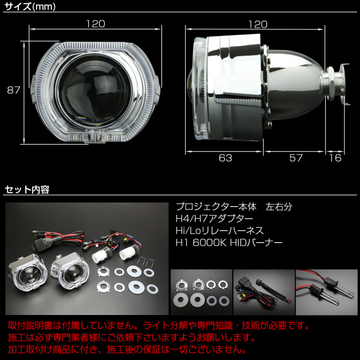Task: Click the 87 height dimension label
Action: [x=13, y=90]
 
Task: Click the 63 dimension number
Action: [x=225, y=158]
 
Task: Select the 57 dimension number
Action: [x=296, y=158]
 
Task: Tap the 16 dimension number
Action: [x=335, y=158]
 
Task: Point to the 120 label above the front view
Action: [x=96, y=24]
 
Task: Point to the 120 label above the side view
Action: [x=258, y=24]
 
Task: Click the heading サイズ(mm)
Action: [x=30, y=7]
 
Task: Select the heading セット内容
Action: [x=27, y=190]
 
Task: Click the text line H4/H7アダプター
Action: [x=214, y=219]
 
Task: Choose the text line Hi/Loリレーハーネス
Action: [x=219, y=231]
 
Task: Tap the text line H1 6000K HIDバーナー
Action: [x=229, y=242]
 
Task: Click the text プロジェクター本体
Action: [x=216, y=207]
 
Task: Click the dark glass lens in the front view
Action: [x=95, y=91]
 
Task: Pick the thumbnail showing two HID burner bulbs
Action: [x=326, y=292]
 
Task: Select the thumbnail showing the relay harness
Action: [x=264, y=292]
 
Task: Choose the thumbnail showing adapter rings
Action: [x=201, y=292]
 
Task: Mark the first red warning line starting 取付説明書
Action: [x=159, y=326]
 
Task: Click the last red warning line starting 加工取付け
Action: [x=128, y=349]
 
